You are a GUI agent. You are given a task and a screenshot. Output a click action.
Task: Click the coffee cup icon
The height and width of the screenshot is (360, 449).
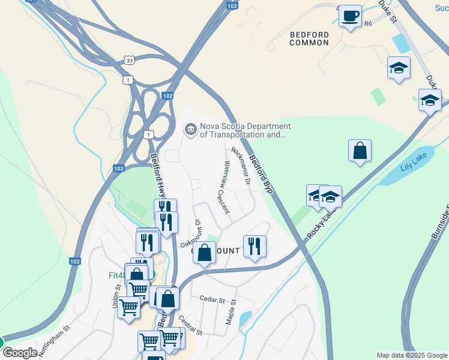point(350,16)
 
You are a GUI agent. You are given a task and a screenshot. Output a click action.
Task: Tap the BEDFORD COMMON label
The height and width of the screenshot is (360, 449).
point(309,39)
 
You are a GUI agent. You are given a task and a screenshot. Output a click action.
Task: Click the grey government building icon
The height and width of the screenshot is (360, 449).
point(190,130)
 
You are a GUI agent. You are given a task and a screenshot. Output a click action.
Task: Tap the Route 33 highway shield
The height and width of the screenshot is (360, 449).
point(129,60)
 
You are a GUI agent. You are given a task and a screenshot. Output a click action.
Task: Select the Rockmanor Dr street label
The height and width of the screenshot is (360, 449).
point(240,166)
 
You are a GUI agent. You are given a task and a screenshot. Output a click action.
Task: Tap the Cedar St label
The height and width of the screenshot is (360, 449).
point(211,299)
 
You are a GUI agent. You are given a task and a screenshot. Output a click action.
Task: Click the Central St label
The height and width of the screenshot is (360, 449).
point(190,324)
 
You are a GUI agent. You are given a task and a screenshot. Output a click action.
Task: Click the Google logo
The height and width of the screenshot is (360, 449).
point(19,353)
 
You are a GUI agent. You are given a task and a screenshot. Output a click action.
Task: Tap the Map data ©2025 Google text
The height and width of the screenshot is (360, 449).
point(411,355)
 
